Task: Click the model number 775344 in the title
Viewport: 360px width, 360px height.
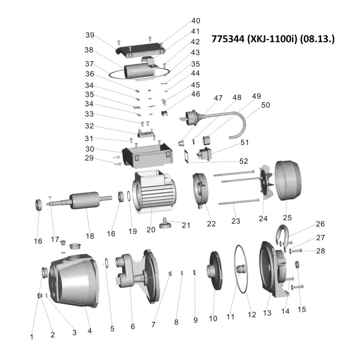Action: click(x=228, y=39)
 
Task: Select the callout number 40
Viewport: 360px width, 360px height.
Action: click(x=196, y=21)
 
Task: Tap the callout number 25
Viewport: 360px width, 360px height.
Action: click(x=287, y=217)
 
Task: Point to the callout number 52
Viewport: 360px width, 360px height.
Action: click(x=243, y=161)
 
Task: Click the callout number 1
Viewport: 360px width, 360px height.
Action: click(x=31, y=337)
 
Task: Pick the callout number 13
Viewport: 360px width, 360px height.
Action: click(x=267, y=313)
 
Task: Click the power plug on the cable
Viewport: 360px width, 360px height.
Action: click(x=189, y=117)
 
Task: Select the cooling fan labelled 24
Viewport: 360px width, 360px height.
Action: click(x=266, y=182)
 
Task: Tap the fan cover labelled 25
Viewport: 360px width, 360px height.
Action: click(x=288, y=181)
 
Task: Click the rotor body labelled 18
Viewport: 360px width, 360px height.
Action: click(x=85, y=200)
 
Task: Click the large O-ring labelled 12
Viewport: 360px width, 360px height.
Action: click(x=241, y=269)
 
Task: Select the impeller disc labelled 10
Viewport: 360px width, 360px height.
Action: click(x=214, y=271)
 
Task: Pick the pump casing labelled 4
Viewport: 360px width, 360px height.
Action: click(x=73, y=281)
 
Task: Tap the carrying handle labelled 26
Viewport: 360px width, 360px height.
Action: click(x=282, y=237)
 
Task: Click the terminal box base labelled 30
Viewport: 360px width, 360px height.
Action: click(x=148, y=154)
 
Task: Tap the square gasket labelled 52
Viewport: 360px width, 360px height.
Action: click(x=188, y=156)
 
